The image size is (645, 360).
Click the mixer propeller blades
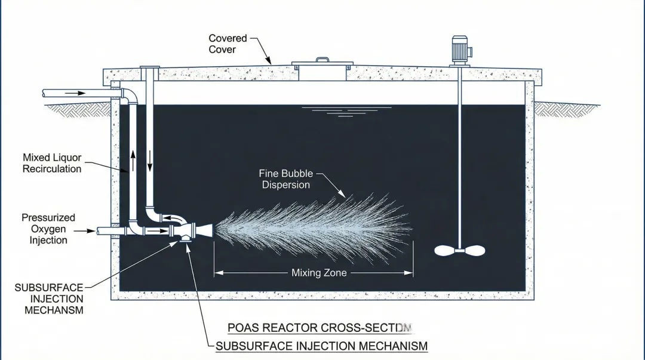[459, 251]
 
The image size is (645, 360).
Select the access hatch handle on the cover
[322, 60]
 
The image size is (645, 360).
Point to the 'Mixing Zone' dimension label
[319, 273]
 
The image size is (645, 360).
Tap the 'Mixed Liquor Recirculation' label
[52, 164]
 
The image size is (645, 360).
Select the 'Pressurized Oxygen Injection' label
[48, 229]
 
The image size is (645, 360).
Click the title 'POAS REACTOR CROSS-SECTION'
[320, 328]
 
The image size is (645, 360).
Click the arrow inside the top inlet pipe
[75, 93]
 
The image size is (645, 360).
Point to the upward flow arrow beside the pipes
[133, 159]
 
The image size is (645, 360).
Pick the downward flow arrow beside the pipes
[150, 159]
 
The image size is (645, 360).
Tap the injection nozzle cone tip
[210, 228]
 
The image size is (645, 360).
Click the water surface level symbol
[346, 110]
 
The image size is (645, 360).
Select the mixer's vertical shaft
[459, 155]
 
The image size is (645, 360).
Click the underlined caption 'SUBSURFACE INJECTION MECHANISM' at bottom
[321, 346]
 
